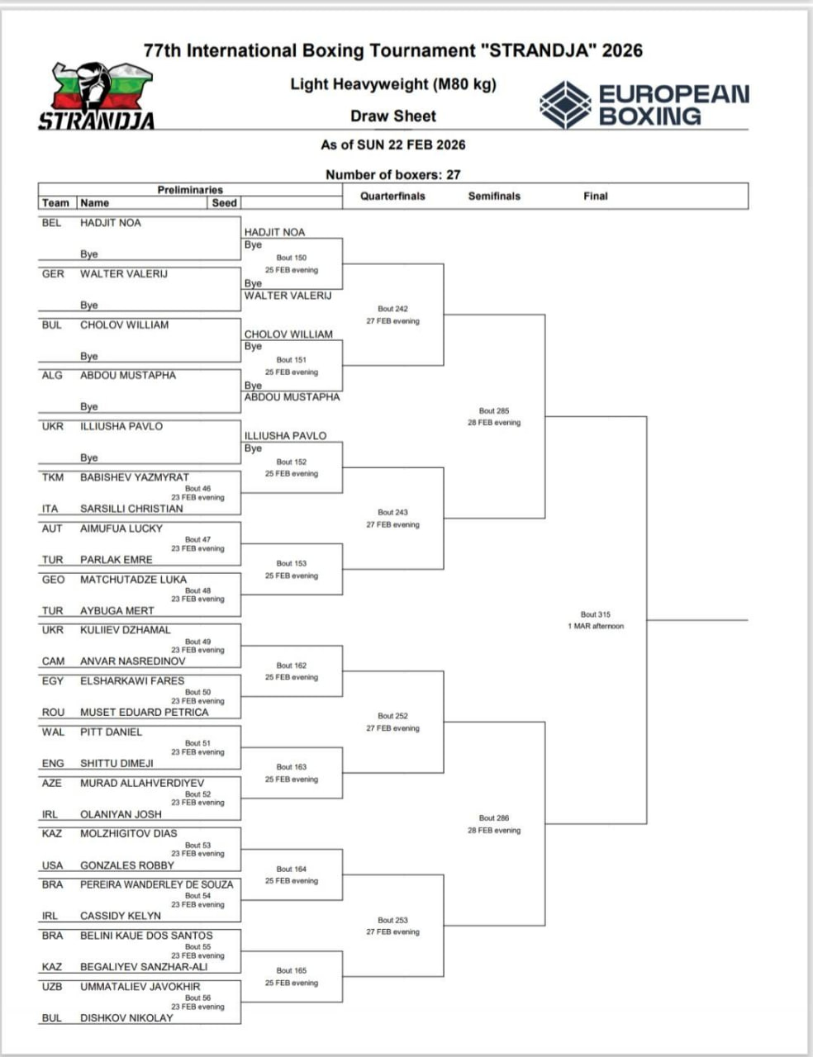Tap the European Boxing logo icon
565,105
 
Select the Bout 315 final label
595,614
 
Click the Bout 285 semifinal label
494,410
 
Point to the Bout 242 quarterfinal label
392,309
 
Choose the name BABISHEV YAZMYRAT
134,477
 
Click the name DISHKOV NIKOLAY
126,1018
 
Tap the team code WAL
52,732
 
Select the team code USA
52,865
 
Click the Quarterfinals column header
392,197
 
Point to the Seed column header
224,202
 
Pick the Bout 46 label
197,488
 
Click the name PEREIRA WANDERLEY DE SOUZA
156,884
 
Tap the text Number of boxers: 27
392,175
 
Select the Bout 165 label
291,970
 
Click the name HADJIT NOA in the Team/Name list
110,223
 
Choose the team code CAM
53,661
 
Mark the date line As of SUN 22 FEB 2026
392,145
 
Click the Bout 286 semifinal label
494,818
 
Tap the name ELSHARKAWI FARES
131,681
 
